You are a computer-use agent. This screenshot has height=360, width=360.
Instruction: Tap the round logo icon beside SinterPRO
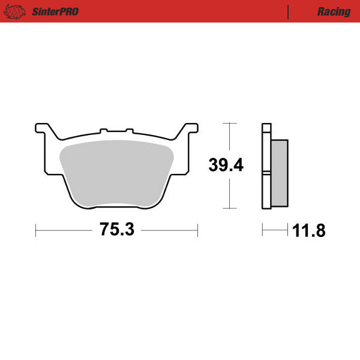click(x=18, y=11)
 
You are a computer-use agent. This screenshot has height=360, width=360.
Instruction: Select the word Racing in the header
click(x=334, y=11)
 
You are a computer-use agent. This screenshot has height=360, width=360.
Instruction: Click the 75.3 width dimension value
click(x=116, y=230)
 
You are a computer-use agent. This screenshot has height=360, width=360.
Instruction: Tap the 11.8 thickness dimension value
click(x=309, y=230)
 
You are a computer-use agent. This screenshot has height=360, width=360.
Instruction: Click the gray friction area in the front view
click(x=117, y=174)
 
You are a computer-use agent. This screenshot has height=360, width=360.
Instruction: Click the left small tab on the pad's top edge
click(x=104, y=129)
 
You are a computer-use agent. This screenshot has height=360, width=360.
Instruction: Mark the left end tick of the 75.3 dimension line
click(x=37, y=230)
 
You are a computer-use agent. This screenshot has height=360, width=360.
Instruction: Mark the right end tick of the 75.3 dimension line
click(x=197, y=230)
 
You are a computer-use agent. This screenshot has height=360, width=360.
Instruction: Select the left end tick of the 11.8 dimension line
click(x=262, y=230)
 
